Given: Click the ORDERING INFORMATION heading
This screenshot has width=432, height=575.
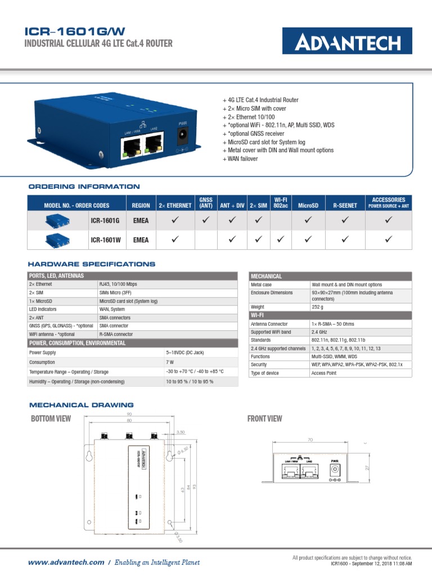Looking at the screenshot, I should point(84,186).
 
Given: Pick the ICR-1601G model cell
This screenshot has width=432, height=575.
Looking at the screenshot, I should point(105,221).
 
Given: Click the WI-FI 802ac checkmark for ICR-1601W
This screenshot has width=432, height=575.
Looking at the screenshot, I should point(281,240).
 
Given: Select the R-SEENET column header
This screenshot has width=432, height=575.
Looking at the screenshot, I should point(345,206).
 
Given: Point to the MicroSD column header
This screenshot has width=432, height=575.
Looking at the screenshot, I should point(308,206).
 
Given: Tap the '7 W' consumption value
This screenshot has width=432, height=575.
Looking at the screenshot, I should point(170,362).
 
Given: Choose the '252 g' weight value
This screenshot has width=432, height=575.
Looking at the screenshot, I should point(318,307).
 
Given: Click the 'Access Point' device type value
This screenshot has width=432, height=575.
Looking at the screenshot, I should point(324,373).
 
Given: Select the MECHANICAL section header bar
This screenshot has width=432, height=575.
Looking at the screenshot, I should point(330,276).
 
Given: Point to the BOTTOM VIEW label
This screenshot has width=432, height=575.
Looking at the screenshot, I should point(51,418).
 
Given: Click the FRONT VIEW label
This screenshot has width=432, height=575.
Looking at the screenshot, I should point(265,418).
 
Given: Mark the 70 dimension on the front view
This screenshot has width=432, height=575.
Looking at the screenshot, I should point(310,440).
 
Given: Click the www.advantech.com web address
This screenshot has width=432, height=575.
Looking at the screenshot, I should point(66,562).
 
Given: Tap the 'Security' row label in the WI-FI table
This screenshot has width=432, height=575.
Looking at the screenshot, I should point(259,364).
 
